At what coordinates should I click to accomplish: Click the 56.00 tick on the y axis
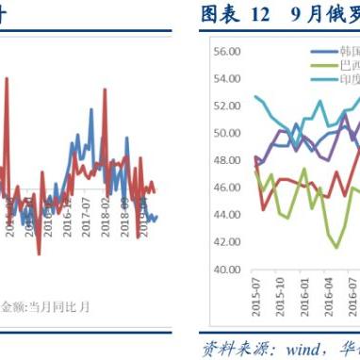pyautogui.click(x=225, y=52)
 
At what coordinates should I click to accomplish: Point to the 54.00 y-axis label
pyautogui.click(x=225, y=79)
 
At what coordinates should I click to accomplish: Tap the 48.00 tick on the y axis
pyautogui.click(x=225, y=160)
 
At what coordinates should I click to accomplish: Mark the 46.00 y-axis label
pyautogui.click(x=225, y=188)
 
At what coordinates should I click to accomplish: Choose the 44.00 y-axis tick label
pyautogui.click(x=225, y=215)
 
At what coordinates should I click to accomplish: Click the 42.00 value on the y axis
pyautogui.click(x=225, y=242)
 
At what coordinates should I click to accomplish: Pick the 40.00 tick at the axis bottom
pyautogui.click(x=225, y=270)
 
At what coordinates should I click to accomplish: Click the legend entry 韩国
pyautogui.click(x=336, y=53)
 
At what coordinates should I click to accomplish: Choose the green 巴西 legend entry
pyautogui.click(x=336, y=66)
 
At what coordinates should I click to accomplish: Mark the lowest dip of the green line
pyautogui.click(x=336, y=247)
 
